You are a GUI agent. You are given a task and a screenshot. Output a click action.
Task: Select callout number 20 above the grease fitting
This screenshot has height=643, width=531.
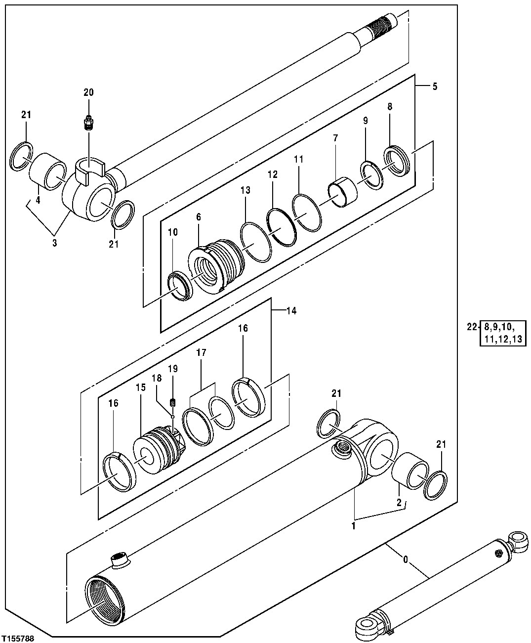[x=88, y=92]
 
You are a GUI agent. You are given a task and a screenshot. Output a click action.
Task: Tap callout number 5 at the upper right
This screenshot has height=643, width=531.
[x=434, y=86]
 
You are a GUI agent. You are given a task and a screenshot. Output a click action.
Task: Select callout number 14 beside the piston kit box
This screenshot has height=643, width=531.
[x=291, y=311]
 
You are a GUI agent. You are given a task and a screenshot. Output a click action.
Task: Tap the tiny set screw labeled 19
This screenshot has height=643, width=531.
[x=173, y=401]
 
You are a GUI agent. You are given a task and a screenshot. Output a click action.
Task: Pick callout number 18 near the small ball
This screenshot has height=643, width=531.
[x=156, y=378]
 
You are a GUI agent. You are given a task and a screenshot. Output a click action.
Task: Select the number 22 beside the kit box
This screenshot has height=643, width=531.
[x=472, y=327]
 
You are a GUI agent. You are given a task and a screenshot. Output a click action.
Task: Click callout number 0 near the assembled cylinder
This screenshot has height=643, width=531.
[x=406, y=560]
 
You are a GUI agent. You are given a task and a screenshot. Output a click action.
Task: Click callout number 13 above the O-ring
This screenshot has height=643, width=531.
[x=245, y=190]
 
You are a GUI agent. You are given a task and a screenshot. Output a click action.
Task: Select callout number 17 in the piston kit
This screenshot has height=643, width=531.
[x=201, y=353]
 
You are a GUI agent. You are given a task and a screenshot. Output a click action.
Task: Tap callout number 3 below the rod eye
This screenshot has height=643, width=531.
[x=54, y=243]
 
